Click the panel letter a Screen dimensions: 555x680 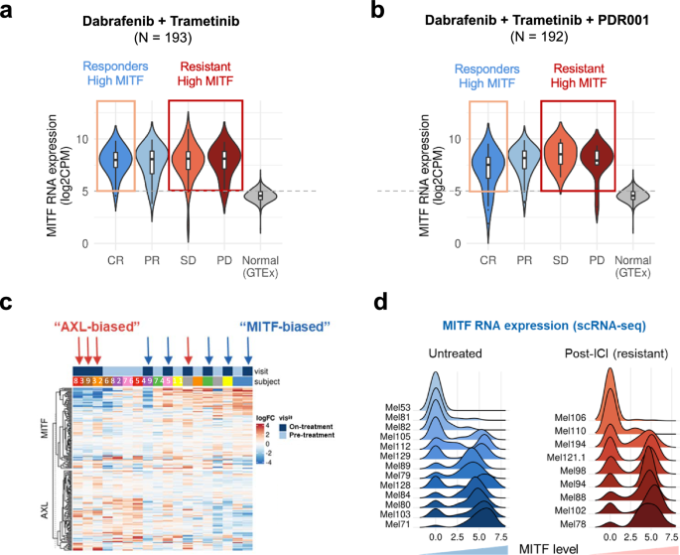[13, 13]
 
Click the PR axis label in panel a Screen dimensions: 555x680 [151, 261]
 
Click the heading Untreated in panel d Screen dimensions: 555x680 [442, 352]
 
